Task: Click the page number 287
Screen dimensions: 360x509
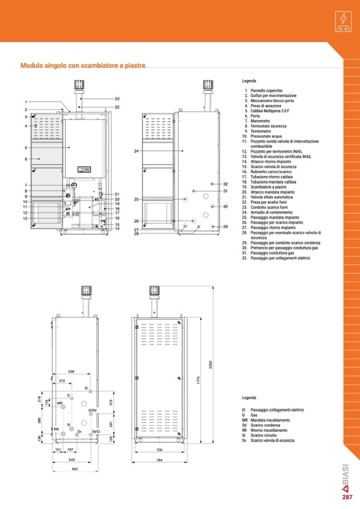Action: point(347,497)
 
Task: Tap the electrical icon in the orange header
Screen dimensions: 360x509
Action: point(343,21)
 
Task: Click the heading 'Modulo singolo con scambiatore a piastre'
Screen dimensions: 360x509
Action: point(83,65)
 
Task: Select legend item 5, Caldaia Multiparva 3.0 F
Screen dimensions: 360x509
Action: point(267,111)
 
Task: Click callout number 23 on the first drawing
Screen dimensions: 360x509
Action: point(117,99)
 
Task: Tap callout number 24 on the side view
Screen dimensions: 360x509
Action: point(136,151)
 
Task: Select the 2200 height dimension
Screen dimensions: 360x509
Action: point(210,365)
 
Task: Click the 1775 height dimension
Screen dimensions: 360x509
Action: point(199,380)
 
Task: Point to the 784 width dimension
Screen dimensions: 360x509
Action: point(159,460)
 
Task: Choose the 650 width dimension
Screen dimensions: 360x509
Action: point(75,469)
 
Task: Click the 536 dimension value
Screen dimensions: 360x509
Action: point(71,372)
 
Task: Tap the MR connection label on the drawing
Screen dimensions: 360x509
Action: point(59,403)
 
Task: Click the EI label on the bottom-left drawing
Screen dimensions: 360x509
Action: point(87,388)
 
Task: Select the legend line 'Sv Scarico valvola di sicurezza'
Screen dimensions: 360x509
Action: point(268,441)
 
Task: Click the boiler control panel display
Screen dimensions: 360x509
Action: point(84,169)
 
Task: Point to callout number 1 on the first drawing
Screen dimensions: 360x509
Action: point(26,102)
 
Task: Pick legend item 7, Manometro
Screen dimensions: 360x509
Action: point(257,121)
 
